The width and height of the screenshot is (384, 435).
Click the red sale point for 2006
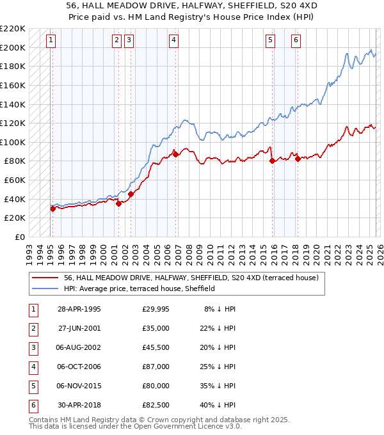point(175,154)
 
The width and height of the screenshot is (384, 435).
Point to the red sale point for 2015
point(272,161)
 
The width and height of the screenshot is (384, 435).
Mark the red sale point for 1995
point(52,209)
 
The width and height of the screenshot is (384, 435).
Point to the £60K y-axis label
point(15,180)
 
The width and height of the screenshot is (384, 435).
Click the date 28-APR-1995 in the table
point(79,309)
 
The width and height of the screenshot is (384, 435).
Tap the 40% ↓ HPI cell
point(218,405)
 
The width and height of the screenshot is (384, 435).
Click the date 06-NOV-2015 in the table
point(79,386)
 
